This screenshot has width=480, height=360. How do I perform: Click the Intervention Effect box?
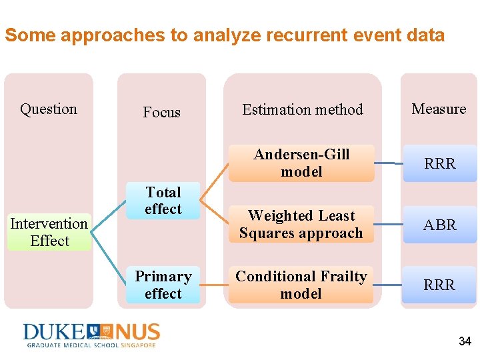49,232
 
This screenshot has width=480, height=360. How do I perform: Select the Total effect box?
163,201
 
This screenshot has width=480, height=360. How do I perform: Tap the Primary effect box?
163,285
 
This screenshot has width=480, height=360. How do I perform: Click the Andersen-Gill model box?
301,163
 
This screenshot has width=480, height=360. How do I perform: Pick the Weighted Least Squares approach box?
301,225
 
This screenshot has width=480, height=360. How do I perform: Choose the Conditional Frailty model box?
301,285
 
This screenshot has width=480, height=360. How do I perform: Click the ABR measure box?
440,225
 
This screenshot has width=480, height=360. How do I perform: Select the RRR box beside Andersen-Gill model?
440,163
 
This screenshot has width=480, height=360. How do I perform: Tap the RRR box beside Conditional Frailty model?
440,285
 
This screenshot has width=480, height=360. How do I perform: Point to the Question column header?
49,109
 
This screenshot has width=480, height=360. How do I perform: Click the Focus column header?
161,112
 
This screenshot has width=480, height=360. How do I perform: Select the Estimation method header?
303,109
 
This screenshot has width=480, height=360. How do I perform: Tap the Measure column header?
439,109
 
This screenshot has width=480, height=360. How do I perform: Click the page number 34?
465,341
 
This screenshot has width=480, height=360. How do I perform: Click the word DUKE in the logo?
53,332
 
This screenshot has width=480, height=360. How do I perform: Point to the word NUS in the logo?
136,332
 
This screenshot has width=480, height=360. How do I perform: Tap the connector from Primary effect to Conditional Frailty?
214,286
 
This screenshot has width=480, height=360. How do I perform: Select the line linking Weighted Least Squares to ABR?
387,225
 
